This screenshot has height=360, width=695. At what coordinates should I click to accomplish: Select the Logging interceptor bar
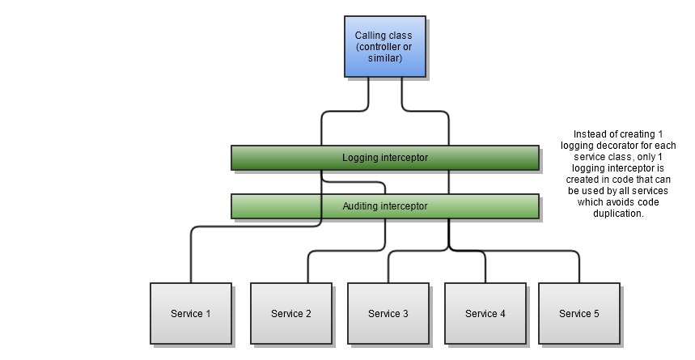point(384,157)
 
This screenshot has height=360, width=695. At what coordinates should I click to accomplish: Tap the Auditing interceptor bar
point(384,206)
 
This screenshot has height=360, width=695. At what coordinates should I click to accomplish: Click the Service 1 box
point(191,313)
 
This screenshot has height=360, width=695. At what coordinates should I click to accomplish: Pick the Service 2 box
point(291,313)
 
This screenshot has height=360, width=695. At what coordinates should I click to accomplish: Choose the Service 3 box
point(388,313)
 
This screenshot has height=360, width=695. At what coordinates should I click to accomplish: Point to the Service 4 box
point(485,313)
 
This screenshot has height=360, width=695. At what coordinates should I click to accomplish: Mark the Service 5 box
point(579,313)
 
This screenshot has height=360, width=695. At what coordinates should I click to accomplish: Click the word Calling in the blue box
point(371,36)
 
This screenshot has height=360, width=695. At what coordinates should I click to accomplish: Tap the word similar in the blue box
point(384,58)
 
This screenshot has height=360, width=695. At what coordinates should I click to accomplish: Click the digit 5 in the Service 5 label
point(596,314)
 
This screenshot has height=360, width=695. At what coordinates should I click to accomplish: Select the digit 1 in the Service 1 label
point(208,314)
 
